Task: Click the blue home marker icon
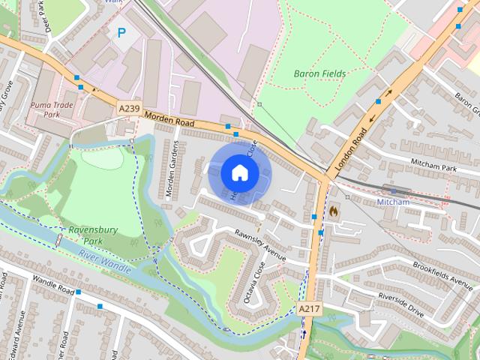(x=239, y=172)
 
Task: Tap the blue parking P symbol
(x=120, y=33)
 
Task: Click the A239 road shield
(x=130, y=109)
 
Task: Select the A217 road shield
(x=309, y=308)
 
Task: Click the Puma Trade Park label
(x=52, y=110)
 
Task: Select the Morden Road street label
(x=169, y=120)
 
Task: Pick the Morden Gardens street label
(x=172, y=169)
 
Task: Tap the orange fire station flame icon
(x=334, y=211)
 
